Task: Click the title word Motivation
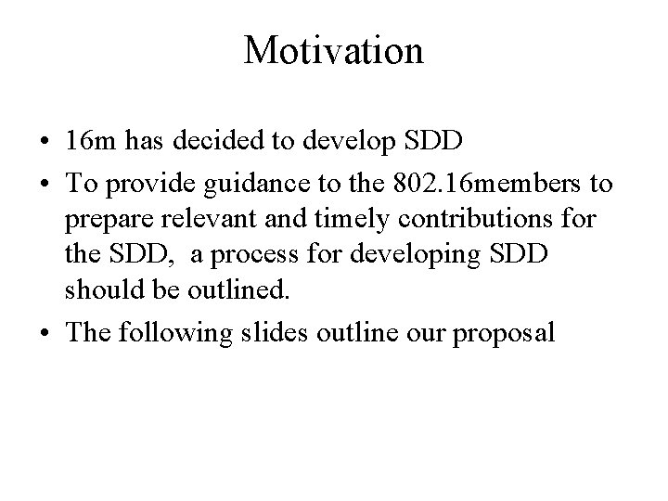333,50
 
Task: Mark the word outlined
242,290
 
